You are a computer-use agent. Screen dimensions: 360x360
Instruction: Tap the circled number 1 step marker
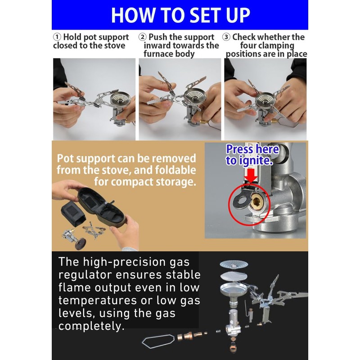[x=57, y=37]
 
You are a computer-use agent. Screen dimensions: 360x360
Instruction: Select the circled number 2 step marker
[x=143, y=37]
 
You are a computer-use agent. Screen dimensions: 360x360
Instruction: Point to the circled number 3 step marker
[x=226, y=37]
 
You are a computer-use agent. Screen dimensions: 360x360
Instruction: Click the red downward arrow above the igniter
[x=252, y=175]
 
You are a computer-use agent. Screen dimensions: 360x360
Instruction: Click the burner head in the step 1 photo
[x=120, y=99]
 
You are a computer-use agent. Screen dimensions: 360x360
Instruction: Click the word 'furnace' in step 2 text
[x=158, y=54]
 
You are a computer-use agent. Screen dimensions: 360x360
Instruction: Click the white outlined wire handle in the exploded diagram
[x=158, y=341]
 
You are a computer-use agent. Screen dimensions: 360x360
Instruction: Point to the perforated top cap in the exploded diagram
[x=234, y=264]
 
